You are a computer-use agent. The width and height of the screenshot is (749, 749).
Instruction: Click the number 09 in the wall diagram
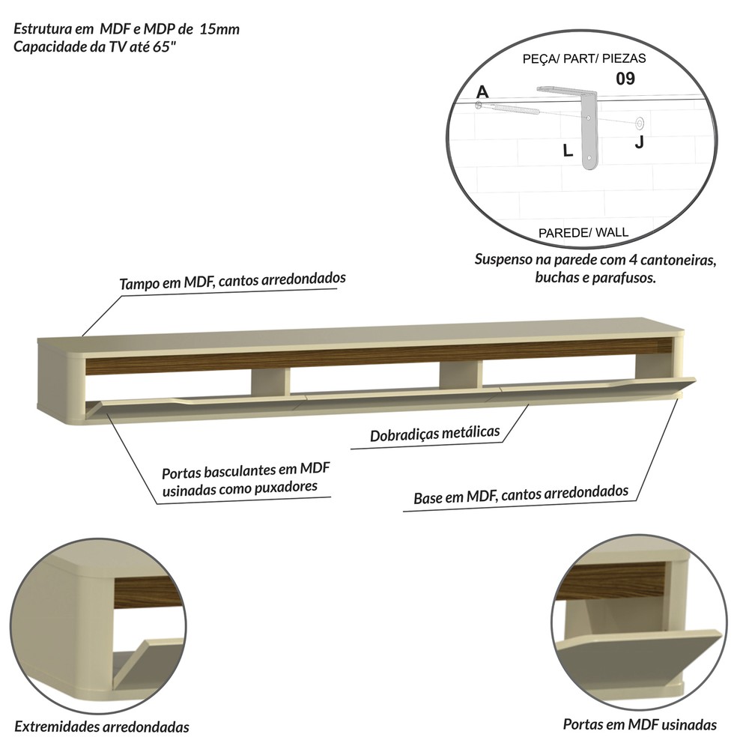click(625, 79)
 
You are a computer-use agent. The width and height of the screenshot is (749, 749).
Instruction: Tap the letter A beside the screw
click(482, 91)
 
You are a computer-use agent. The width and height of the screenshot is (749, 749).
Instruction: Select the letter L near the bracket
click(568, 151)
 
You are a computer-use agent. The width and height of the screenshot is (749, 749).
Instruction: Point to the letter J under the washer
click(640, 142)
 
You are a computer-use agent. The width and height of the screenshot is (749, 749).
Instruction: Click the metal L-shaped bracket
click(589, 129)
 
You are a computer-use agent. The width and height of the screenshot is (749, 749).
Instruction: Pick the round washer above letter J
click(640, 124)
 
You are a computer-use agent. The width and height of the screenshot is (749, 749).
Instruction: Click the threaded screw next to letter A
click(509, 108)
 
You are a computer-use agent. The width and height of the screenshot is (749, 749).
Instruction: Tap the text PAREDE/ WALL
click(583, 233)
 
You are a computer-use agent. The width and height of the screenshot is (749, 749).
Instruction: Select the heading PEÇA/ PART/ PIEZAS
click(584, 58)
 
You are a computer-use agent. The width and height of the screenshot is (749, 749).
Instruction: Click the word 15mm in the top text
click(219, 29)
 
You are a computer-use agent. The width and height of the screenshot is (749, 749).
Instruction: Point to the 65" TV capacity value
click(162, 46)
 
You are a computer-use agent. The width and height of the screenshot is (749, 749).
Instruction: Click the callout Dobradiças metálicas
click(434, 433)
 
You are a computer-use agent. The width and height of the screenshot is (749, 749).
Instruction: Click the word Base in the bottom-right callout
click(428, 498)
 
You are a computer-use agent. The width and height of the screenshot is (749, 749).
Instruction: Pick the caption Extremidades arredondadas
click(102, 727)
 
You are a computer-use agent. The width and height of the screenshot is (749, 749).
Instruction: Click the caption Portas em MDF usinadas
click(640, 724)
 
